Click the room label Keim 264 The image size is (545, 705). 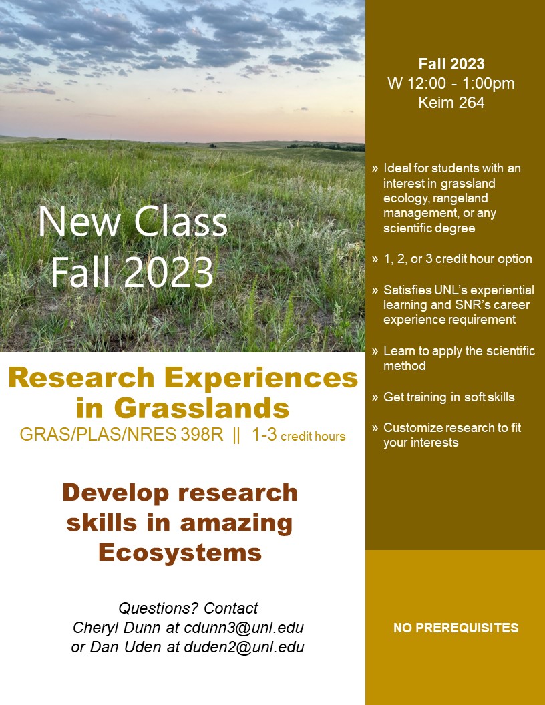point(451,103)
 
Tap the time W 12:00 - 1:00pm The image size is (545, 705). point(451,83)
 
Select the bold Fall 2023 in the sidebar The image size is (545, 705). point(451,65)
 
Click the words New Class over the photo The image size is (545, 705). point(133,222)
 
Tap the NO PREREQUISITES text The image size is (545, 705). point(456,628)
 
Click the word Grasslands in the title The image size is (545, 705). point(202,408)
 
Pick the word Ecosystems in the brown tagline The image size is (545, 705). point(180,553)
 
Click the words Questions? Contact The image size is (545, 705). point(188,608)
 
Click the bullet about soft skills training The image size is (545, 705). point(449,397)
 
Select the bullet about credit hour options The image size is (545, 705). point(458,259)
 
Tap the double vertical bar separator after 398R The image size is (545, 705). point(236,436)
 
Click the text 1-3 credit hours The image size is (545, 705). point(299,436)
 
